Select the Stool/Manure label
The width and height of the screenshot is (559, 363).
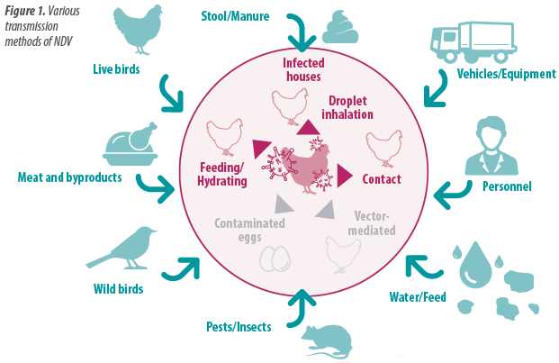coord(235,15)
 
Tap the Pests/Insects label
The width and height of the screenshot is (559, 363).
coord(238,327)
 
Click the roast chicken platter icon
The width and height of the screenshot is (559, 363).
coord(131,144)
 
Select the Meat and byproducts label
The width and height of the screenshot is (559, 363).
coord(69,177)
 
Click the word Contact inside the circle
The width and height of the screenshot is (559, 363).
coord(381,179)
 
